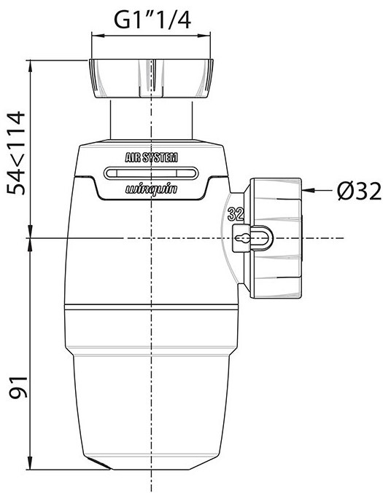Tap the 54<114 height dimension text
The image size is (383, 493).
click(16, 153)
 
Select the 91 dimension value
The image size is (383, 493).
click(18, 387)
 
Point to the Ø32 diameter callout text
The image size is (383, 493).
click(359, 192)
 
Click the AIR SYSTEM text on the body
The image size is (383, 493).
click(151, 158)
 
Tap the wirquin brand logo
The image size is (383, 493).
click(152, 189)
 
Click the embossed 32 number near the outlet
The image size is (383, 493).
click(236, 214)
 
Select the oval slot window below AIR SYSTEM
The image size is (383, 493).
click(151, 173)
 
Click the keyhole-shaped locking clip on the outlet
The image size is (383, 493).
click(252, 239)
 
